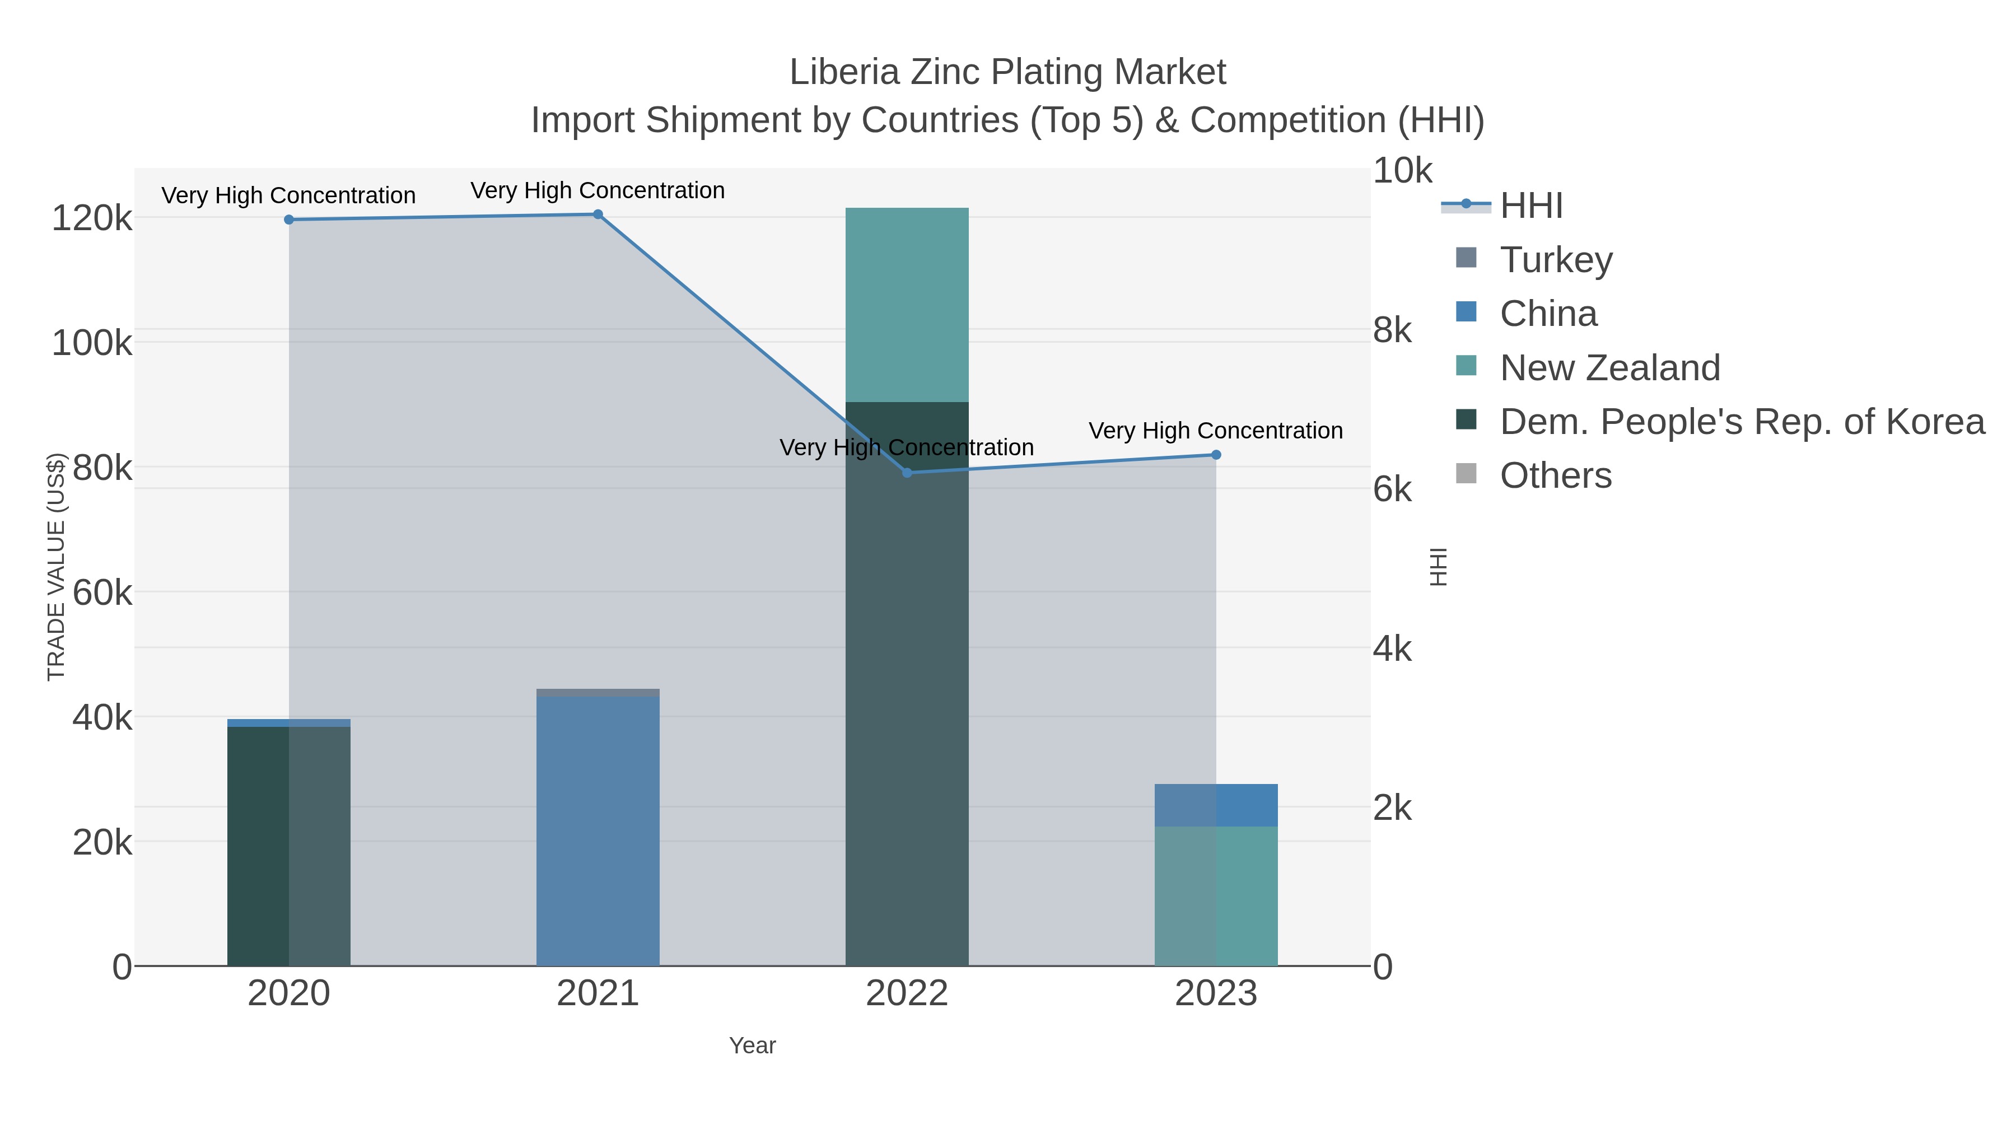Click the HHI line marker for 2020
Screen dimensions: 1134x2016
point(289,220)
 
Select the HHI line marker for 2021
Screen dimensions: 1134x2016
point(598,214)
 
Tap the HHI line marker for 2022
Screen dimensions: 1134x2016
point(907,473)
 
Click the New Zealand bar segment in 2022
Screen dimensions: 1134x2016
point(907,305)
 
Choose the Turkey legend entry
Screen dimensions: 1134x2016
point(1556,259)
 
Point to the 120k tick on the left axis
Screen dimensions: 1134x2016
point(92,218)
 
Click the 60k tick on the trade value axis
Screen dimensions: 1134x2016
point(102,593)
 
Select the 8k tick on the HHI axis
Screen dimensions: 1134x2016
point(1392,330)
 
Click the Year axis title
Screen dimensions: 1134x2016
point(752,1046)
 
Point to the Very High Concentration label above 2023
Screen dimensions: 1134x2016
point(1215,431)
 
